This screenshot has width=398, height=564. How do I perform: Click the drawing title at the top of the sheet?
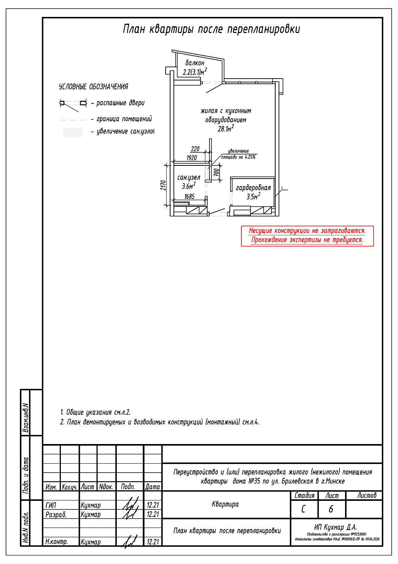click(211, 29)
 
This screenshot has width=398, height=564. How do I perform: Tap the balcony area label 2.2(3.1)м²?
click(194, 72)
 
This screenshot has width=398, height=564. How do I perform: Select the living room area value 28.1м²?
click(226, 129)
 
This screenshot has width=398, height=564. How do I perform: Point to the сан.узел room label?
click(188, 177)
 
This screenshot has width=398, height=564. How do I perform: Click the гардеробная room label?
click(253, 188)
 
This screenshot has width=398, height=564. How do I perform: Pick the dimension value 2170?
click(163, 185)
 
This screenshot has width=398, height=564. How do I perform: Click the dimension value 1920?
click(191, 158)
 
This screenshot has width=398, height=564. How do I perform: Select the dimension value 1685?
click(189, 197)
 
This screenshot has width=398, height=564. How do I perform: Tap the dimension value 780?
click(216, 172)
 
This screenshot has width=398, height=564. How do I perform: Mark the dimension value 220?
click(195, 149)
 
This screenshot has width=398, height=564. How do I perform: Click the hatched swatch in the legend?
click(72, 132)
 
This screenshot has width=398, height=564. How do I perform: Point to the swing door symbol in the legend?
click(73, 104)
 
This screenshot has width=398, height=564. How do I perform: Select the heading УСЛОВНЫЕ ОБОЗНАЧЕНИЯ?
click(93, 87)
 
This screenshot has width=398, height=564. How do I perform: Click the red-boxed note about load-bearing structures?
click(307, 236)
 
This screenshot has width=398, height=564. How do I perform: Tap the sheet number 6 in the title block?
click(331, 509)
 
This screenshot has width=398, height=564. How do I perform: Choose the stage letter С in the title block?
click(303, 509)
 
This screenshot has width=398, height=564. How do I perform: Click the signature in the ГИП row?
click(130, 505)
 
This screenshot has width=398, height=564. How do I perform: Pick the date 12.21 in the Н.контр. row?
click(153, 542)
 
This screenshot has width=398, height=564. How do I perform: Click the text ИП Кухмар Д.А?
click(335, 527)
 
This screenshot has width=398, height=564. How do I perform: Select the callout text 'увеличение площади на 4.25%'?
click(238, 154)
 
